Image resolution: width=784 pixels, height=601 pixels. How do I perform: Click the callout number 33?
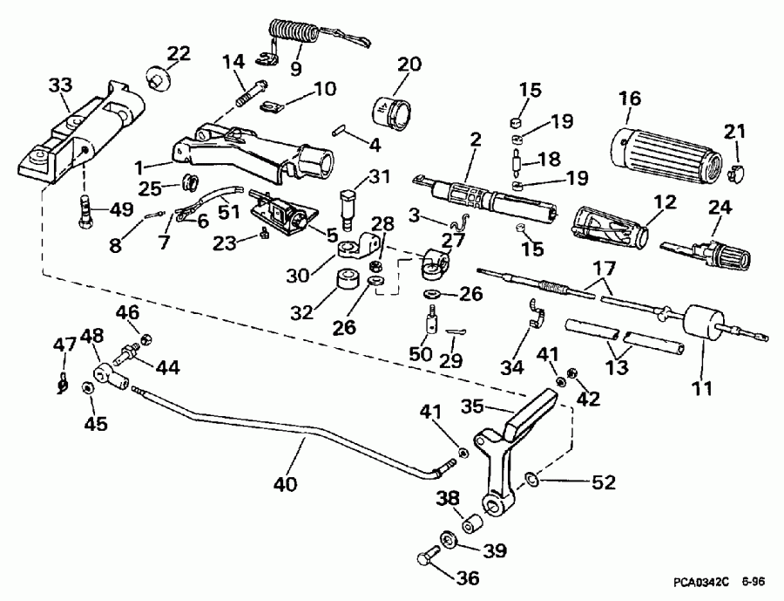click(x=60, y=87)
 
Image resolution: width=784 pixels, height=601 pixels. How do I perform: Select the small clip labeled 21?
click(x=735, y=172)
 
